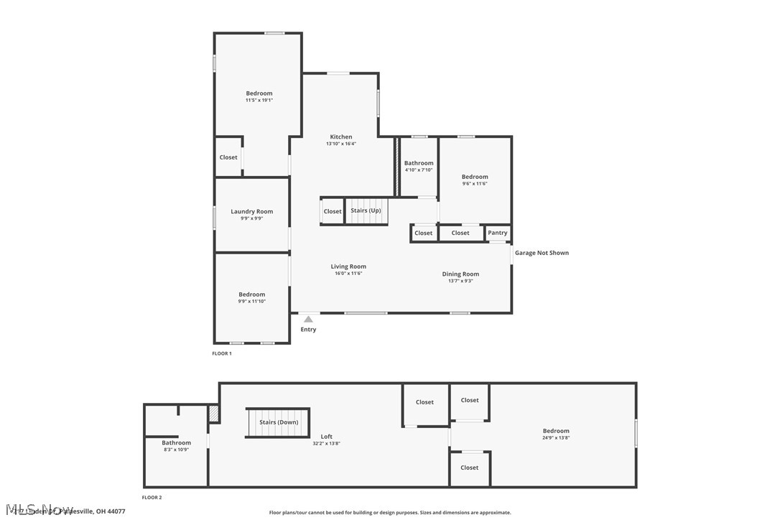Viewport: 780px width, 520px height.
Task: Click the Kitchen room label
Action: tap(341, 136)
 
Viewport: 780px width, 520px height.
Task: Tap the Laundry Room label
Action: tap(251, 211)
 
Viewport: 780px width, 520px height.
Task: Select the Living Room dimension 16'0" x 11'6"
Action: tap(348, 274)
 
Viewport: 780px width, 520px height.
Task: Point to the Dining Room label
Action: tap(460, 274)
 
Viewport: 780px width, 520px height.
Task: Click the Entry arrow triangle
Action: tap(308, 318)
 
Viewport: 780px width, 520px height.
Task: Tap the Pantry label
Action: tap(497, 233)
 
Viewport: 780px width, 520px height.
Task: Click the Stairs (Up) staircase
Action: tap(366, 211)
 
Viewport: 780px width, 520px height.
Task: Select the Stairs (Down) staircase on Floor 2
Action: tap(278, 422)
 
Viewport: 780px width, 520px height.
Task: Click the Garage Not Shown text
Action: tap(542, 253)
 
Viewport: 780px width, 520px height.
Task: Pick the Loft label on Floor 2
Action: tap(326, 437)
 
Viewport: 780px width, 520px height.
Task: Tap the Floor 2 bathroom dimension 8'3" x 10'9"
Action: tap(176, 450)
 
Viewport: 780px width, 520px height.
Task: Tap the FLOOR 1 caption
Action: tap(222, 353)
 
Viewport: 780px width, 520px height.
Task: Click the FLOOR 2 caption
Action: tap(152, 497)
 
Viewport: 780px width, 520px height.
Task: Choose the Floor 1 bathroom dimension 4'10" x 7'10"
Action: tap(419, 170)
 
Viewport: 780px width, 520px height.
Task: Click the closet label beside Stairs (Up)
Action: tap(333, 211)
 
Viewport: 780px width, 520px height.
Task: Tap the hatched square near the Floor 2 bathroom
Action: tap(213, 413)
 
